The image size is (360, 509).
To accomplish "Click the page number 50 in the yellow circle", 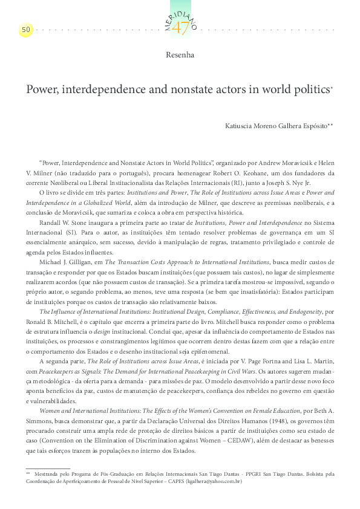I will (26, 29).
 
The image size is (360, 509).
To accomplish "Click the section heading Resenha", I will (180, 55).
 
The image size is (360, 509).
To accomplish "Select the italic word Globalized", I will (111, 203).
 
